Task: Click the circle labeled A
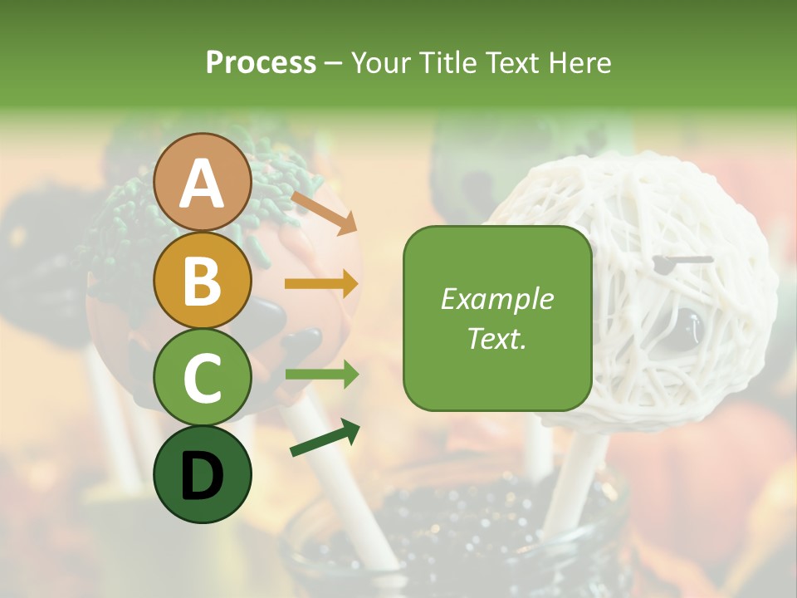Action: click(x=203, y=183)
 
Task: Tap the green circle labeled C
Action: click(x=203, y=378)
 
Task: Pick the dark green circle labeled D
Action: click(x=203, y=474)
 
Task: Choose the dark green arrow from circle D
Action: click(x=325, y=438)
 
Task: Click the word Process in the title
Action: click(x=261, y=63)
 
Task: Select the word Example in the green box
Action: click(x=496, y=299)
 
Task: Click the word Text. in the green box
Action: click(x=496, y=339)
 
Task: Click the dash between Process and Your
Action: click(x=334, y=64)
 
